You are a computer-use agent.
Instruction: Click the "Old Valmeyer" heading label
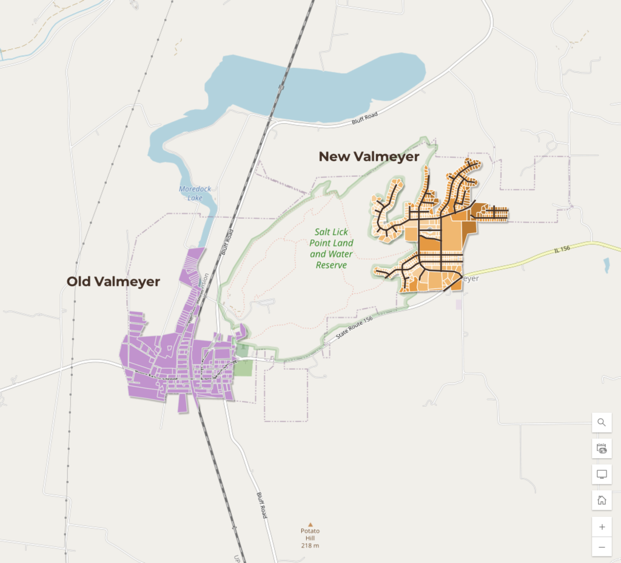pyautogui.click(x=113, y=281)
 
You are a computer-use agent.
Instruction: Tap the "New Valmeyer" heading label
pyautogui.click(x=369, y=156)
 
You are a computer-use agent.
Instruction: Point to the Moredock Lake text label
pyautogui.click(x=195, y=193)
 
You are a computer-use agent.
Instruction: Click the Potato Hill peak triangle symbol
pyautogui.click(x=310, y=524)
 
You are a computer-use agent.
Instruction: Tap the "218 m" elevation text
pyautogui.click(x=310, y=545)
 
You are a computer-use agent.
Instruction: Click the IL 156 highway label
pyautogui.click(x=563, y=250)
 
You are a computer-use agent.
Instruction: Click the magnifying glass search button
pyautogui.click(x=602, y=422)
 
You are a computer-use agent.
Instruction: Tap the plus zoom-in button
pyautogui.click(x=602, y=527)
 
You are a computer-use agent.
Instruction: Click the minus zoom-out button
pyautogui.click(x=602, y=547)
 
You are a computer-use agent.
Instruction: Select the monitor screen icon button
pyautogui.click(x=602, y=474)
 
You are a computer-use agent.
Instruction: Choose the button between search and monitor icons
pyautogui.click(x=602, y=448)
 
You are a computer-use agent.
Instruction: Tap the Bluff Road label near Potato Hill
pyautogui.click(x=261, y=504)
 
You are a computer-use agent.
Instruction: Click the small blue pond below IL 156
pyautogui.click(x=607, y=265)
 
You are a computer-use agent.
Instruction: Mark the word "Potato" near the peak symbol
pyautogui.click(x=310, y=531)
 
